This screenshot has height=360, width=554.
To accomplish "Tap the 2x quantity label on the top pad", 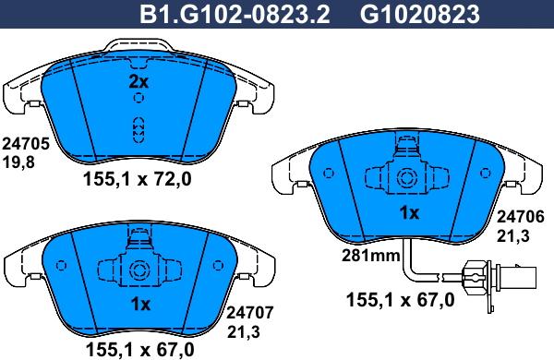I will click(x=138, y=82).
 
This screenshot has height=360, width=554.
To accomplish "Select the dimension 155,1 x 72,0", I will click(x=139, y=180).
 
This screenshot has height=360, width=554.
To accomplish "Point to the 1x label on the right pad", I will click(x=408, y=212).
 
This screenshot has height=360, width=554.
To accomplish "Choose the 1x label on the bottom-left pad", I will click(x=140, y=305).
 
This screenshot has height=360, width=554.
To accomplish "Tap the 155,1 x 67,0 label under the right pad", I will click(x=400, y=299).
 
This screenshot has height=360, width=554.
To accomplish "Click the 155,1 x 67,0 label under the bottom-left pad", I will click(x=140, y=349).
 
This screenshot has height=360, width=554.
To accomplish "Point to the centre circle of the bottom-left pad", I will click(x=140, y=271).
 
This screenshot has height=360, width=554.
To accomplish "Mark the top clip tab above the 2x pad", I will click(x=138, y=44).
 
